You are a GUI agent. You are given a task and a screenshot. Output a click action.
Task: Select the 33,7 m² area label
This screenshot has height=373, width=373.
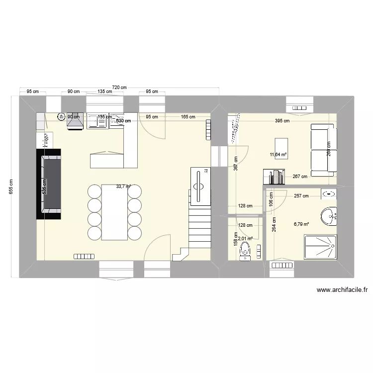[x=123, y=186]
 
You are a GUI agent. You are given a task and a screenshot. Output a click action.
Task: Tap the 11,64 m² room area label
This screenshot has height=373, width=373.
[x=279, y=155]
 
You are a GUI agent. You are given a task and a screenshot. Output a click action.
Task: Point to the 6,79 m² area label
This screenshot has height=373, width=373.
[x=301, y=224]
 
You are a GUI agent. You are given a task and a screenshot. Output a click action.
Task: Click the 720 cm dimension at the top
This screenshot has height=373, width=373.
[x=119, y=88]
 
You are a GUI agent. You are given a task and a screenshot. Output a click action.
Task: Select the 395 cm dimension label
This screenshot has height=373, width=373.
[x=282, y=120]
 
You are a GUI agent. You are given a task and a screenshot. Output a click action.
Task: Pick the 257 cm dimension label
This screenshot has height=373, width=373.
[x=301, y=196]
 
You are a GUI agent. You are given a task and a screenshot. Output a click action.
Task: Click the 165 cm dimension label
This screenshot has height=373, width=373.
[x=187, y=117]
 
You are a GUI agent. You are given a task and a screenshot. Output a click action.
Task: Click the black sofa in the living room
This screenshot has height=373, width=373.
[x=48, y=184]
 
